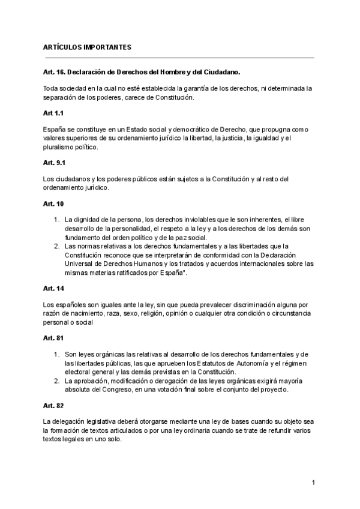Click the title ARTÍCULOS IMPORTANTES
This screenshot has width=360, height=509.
pyautogui.click(x=87, y=47)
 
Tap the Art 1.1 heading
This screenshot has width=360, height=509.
pyautogui.click(x=53, y=113)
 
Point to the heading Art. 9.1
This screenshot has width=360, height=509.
pyautogui.click(x=56, y=163)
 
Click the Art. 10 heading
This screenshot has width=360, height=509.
pyautogui.click(x=53, y=203)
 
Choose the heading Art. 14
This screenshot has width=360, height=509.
pyautogui.click(x=53, y=288)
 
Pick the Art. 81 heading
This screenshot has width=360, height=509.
pyautogui.click(x=53, y=338)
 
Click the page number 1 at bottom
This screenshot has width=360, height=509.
pyautogui.click(x=313, y=483)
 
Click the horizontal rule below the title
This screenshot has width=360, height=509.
pyautogui.click(x=178, y=58)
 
